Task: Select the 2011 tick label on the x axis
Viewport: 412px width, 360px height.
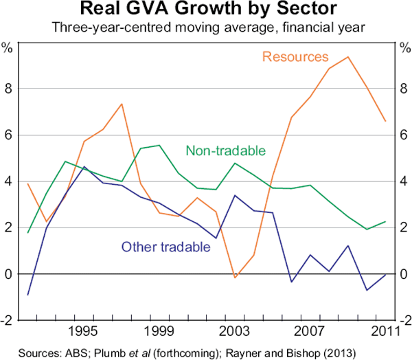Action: [x=387, y=332]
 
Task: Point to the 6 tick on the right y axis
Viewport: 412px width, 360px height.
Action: [x=404, y=135]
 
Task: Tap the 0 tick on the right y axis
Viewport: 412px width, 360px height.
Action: [x=404, y=275]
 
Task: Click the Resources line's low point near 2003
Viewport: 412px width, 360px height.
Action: [x=235, y=278]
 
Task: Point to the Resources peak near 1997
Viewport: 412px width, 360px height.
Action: [x=122, y=104]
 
